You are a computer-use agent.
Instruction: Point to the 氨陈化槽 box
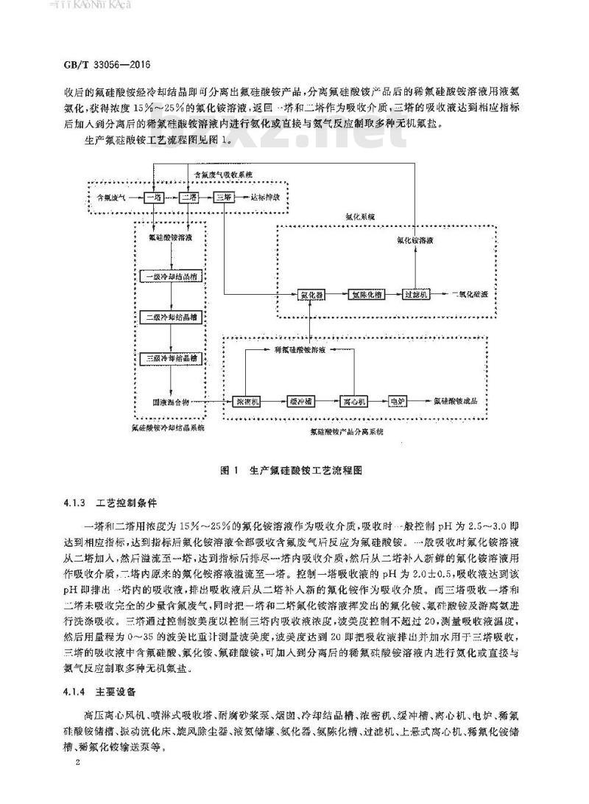coord(364,293)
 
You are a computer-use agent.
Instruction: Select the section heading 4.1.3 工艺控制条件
coord(110,508)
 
